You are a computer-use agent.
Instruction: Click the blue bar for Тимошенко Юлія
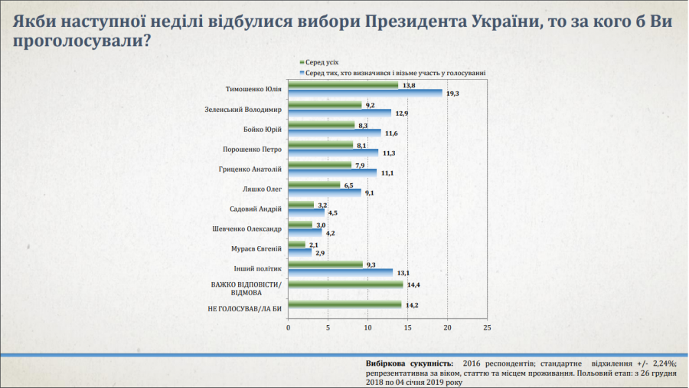(x=365, y=93)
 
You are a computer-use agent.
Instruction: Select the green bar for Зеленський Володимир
(x=325, y=105)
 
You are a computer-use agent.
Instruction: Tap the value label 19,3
(x=452, y=93)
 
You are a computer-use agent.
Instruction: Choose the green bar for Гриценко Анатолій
(x=320, y=165)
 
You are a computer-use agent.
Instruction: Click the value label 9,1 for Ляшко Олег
(x=369, y=192)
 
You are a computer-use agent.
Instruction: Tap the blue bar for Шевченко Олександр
(x=305, y=232)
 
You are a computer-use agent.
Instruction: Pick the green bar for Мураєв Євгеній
(x=296, y=245)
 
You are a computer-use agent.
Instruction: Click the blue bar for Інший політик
(x=341, y=272)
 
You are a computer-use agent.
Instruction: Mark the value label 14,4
(x=413, y=284)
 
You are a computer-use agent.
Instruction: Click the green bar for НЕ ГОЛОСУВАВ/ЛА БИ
(x=344, y=304)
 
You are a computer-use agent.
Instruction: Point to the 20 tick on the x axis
(x=448, y=328)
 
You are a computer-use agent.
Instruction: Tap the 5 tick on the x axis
(x=328, y=328)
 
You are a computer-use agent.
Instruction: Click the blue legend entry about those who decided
(x=394, y=73)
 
